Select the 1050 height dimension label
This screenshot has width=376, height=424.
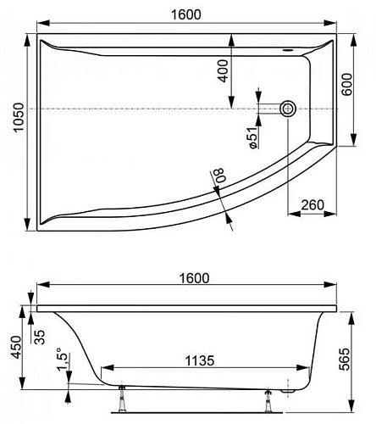point(11,131)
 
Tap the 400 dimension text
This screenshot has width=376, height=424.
point(223,70)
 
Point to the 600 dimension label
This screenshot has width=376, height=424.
point(346,85)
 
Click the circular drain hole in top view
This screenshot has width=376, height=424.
point(289,108)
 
